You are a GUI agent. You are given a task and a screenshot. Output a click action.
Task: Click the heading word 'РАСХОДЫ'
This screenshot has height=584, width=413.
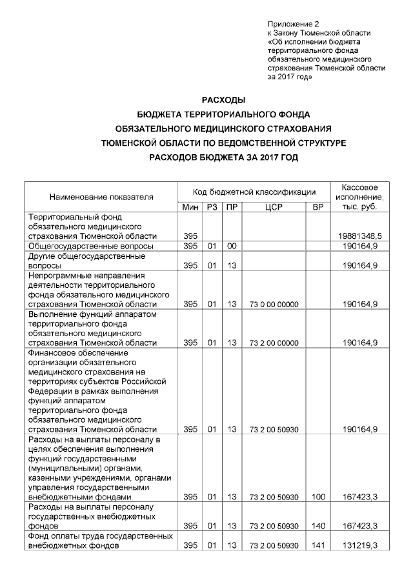click(224, 100)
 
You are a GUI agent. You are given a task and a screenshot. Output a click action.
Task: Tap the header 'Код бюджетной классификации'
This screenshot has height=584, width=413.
click(253, 192)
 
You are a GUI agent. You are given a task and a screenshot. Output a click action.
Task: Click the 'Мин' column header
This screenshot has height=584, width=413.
click(190, 206)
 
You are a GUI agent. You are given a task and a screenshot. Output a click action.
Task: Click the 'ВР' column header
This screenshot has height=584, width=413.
click(317, 206)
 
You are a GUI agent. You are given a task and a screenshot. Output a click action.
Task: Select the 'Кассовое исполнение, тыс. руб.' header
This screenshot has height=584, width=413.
click(360, 196)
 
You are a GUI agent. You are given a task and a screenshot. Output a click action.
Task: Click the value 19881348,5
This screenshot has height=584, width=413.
click(359, 237)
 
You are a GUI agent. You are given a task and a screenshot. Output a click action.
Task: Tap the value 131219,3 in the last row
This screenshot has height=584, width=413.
click(360, 546)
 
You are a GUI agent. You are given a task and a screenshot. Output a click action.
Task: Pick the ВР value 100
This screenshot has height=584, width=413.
click(317, 497)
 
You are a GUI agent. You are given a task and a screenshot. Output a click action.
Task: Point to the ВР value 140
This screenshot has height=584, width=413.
click(317, 526)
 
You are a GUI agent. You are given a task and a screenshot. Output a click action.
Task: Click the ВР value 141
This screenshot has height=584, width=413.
click(317, 546)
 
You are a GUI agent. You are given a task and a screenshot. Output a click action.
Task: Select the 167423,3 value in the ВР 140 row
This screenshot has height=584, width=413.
click(360, 526)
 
